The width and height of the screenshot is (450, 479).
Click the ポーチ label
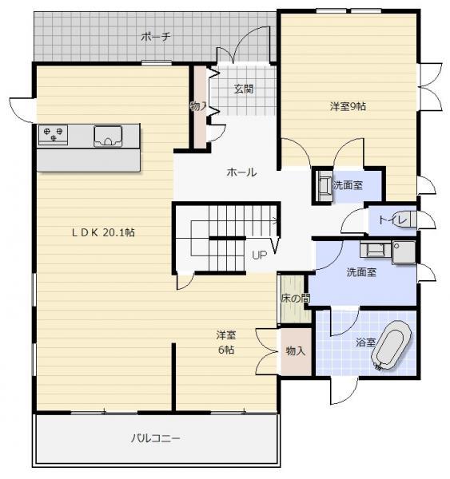pos(155,37)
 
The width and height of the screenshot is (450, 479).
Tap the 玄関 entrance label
pos(244,89)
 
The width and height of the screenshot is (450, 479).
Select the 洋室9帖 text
pos(348,105)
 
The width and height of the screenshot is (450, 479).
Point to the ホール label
pos(241,172)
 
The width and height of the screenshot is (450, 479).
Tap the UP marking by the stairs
pos(259,255)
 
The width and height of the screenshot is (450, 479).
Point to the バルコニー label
pos(156,438)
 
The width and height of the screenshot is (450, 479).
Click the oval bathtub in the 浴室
pos(389,349)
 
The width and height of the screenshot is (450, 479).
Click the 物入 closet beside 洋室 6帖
pos(295,350)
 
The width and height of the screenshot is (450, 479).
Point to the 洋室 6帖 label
pos(226,342)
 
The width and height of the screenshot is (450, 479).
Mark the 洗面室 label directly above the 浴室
pos(361,272)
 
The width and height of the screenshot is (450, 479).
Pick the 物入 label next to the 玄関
pos(198,105)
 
